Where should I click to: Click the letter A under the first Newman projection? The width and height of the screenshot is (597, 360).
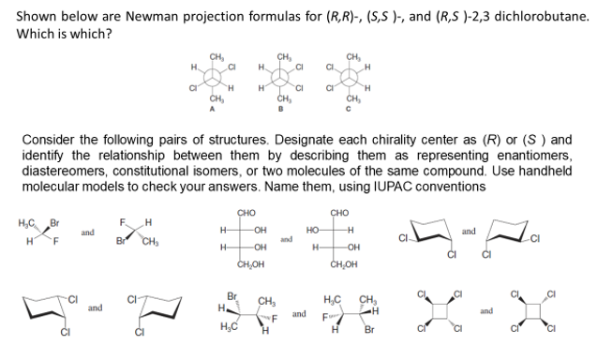point(217,106)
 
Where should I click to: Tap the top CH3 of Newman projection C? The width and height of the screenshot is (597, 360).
point(353,53)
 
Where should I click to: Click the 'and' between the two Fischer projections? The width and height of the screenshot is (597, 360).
point(289,239)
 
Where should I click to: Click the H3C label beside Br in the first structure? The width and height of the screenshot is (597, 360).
point(27,223)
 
